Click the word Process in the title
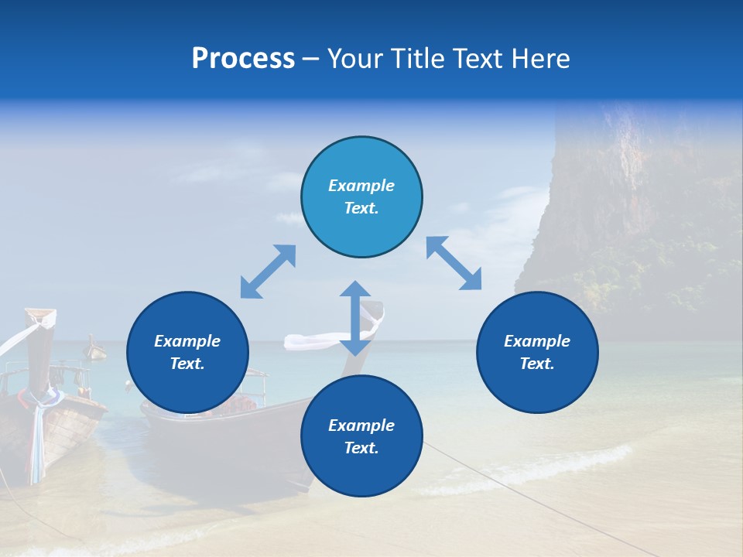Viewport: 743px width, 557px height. (243, 59)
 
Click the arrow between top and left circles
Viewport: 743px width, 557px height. (268, 272)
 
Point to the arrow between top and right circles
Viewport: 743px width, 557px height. (454, 264)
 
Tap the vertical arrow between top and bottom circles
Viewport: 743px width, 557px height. (355, 318)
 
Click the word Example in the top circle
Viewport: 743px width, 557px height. (361, 186)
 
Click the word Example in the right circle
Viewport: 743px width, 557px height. (537, 341)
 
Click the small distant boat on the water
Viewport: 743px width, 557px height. (95, 349)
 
